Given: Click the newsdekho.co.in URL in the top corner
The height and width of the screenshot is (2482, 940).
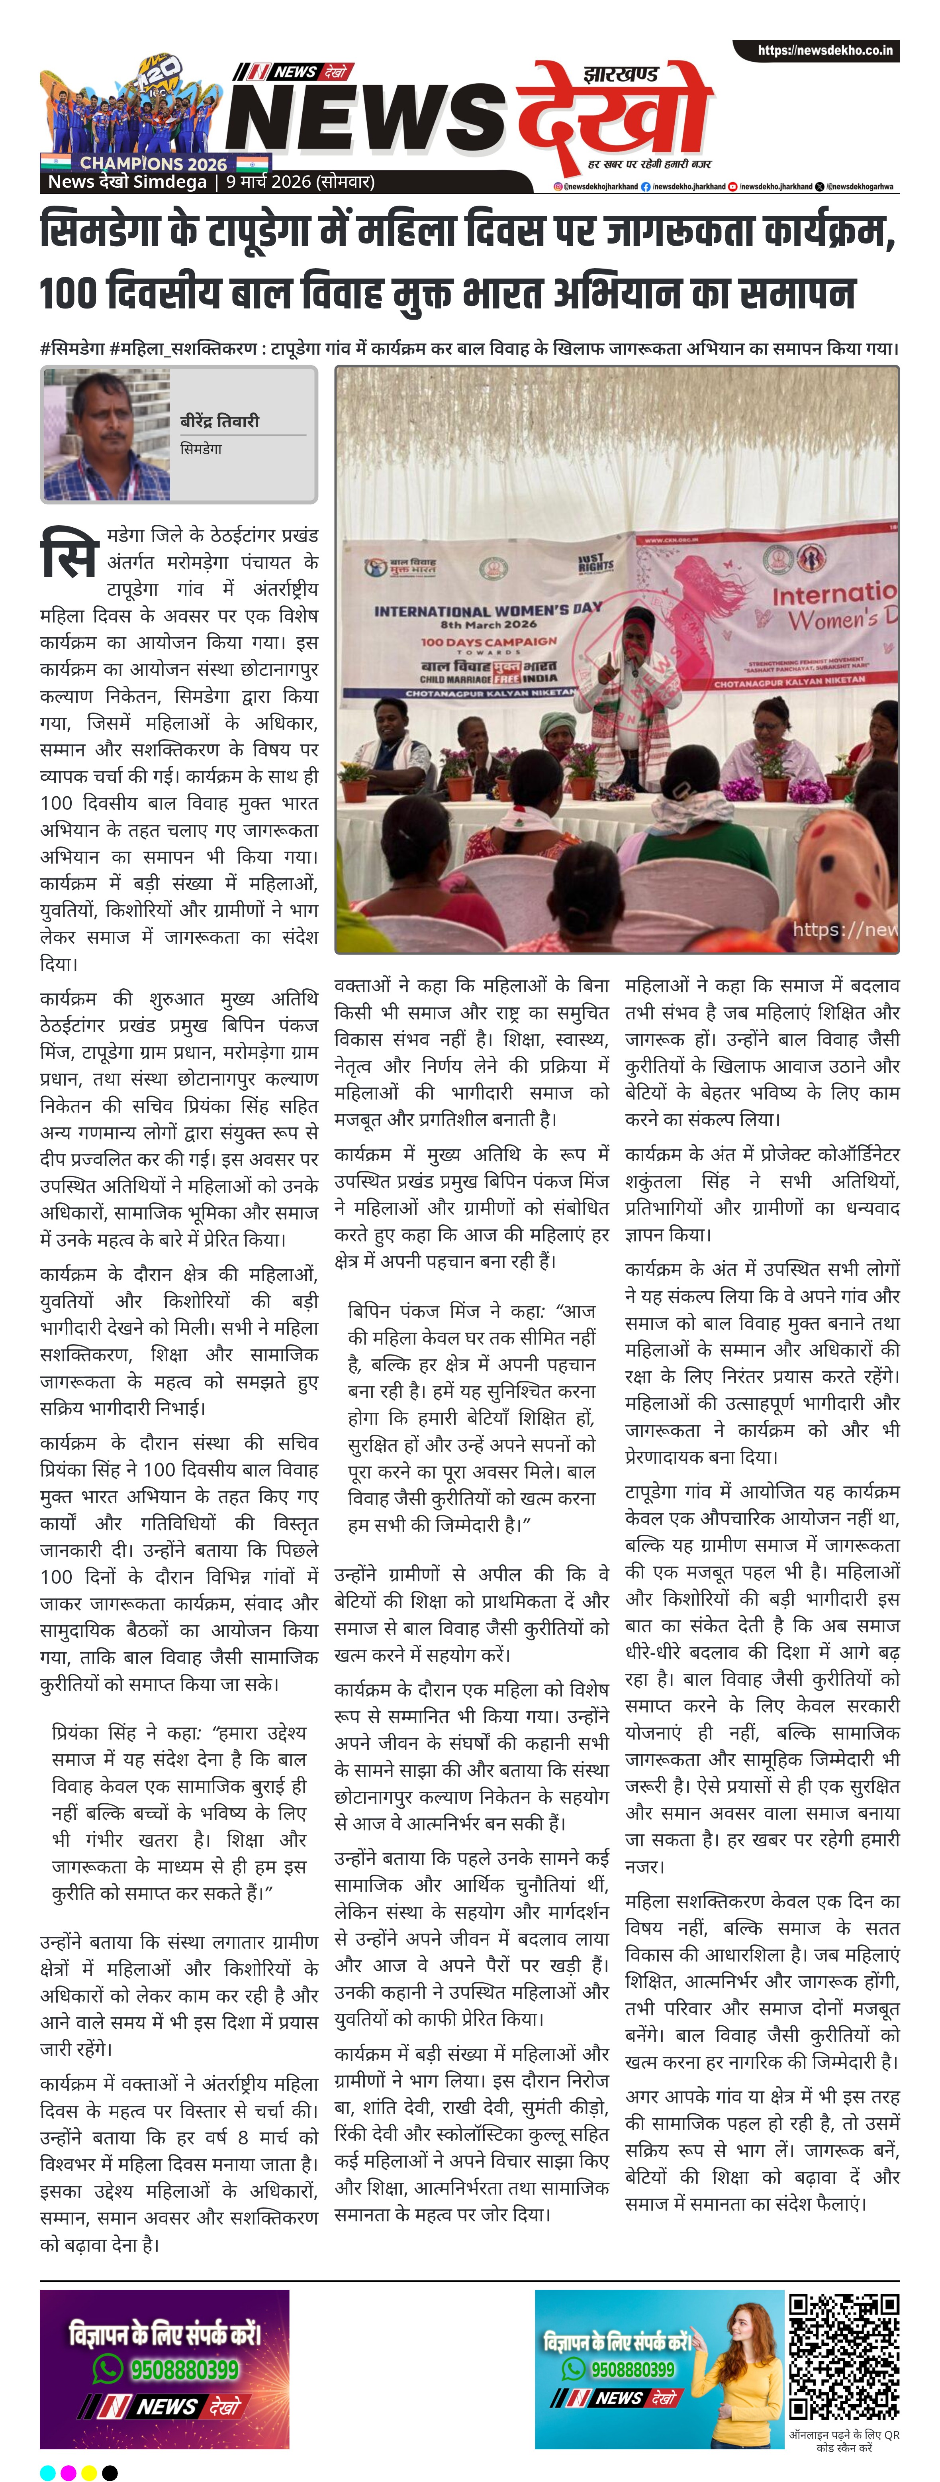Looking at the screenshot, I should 824,50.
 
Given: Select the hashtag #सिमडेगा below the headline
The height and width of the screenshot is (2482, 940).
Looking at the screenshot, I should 72,348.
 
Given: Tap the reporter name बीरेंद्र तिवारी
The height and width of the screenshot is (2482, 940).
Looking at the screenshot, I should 219,421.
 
